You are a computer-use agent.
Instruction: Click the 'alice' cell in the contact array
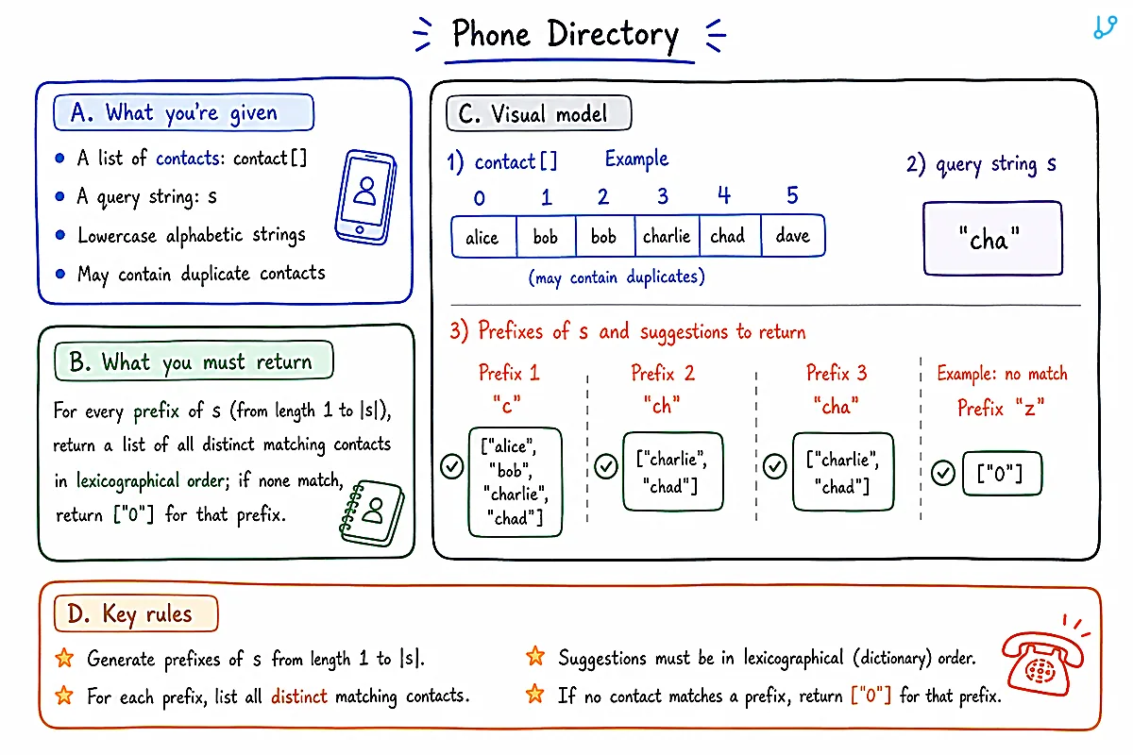483,237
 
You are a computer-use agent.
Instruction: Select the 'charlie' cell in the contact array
667,236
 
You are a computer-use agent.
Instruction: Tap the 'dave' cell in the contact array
792,236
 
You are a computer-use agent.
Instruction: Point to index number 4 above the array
724,195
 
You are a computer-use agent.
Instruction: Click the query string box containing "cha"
992,238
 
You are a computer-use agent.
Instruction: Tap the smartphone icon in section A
365,196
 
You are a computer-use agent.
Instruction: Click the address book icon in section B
372,512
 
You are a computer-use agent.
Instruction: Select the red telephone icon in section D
1044,657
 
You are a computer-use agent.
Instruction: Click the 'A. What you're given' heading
183,112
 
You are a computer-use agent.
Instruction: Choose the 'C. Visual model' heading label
539,113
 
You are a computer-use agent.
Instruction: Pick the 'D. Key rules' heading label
136,613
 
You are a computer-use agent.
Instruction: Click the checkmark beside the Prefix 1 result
451,466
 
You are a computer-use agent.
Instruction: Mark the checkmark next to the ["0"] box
943,473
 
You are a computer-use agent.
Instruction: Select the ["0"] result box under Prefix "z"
1002,474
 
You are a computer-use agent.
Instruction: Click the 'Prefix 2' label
663,373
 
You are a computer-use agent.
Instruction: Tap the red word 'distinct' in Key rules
299,696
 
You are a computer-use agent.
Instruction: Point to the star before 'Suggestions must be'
535,657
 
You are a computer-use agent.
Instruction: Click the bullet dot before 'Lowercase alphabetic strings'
60,235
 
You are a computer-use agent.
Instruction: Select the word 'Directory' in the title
613,35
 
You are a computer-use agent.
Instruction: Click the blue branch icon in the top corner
1106,26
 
